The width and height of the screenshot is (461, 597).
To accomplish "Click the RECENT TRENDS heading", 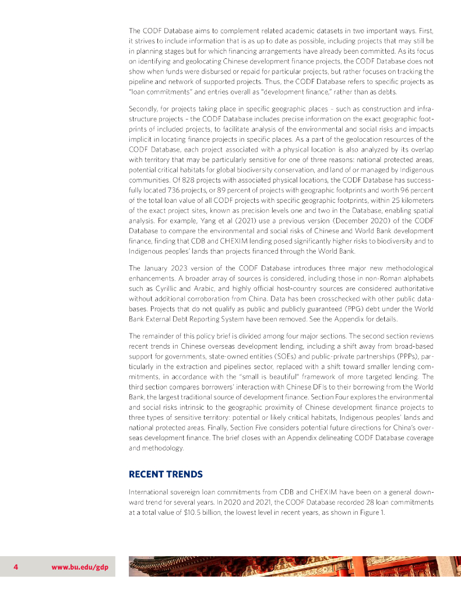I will pos(166,474).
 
